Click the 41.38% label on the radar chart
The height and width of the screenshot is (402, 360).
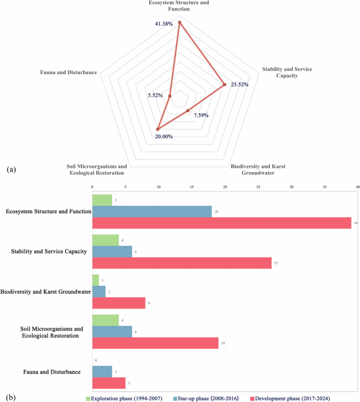(x=164, y=24)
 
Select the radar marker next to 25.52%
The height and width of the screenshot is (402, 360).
(x=224, y=85)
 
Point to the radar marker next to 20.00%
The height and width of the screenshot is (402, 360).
(x=157, y=129)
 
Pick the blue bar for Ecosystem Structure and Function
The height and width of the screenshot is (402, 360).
(x=152, y=212)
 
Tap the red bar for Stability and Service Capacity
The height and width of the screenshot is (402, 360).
(x=182, y=263)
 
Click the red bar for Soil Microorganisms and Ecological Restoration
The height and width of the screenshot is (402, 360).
(x=155, y=343)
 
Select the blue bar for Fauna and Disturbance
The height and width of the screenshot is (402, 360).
(x=102, y=371)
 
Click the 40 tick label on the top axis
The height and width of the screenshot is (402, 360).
(x=357, y=187)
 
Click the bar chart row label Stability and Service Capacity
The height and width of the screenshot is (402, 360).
(x=49, y=252)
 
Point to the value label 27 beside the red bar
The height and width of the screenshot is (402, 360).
(x=276, y=263)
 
